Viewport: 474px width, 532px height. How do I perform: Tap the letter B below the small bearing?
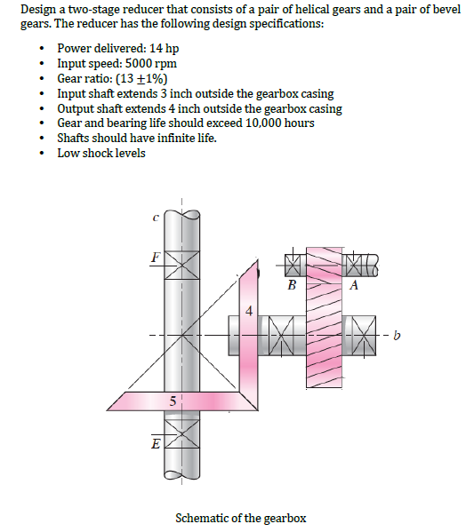pyautogui.click(x=292, y=286)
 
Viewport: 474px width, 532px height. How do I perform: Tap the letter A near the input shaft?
pyautogui.click(x=354, y=285)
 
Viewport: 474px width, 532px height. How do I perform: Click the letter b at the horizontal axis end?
pyautogui.click(x=398, y=336)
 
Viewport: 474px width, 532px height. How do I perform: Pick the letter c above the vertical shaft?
pyautogui.click(x=156, y=216)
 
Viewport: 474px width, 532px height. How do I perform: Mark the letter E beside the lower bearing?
pyautogui.click(x=155, y=441)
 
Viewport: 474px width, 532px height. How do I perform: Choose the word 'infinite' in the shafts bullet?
pyautogui.click(x=168, y=139)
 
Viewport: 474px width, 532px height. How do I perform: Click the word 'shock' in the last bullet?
pyautogui.click(x=95, y=154)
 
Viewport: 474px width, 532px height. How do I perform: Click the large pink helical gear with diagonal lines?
pyautogui.click(x=324, y=320)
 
